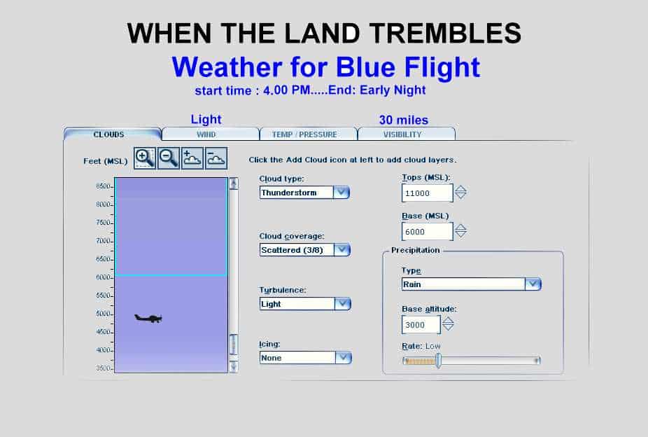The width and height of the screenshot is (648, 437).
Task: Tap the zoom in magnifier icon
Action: tap(145, 158)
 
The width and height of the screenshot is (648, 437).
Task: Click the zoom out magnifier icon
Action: tap(169, 158)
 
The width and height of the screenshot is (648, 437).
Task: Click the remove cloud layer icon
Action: tap(216, 158)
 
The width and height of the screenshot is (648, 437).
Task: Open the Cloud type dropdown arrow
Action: tap(341, 193)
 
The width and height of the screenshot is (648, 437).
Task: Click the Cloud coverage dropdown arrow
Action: tap(342, 250)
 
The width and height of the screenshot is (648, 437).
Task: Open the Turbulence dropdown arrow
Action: tap(343, 304)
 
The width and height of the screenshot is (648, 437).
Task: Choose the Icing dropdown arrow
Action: tap(344, 358)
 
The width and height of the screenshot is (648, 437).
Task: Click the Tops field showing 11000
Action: tap(428, 193)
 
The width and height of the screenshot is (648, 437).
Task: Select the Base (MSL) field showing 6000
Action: tap(428, 232)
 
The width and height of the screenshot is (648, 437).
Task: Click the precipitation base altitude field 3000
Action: tap(421, 324)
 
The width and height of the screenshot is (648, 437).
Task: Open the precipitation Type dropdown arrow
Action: tap(533, 284)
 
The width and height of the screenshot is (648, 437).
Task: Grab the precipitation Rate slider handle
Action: tap(439, 361)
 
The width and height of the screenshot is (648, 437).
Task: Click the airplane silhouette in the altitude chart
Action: tap(148, 318)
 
